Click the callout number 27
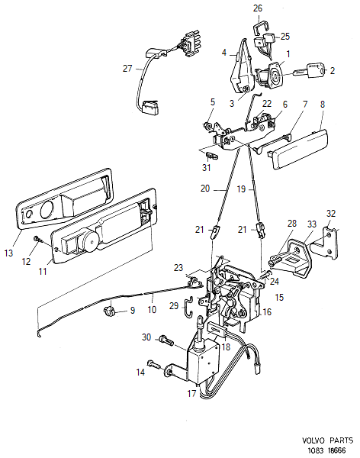[x=127, y=68]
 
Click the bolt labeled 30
[x=166, y=339]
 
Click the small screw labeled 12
[x=37, y=240]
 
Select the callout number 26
[x=257, y=9]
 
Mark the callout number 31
[x=206, y=167]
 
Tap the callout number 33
[x=311, y=224]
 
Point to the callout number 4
[x=224, y=53]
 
